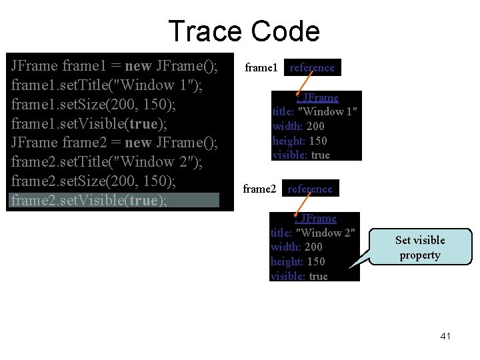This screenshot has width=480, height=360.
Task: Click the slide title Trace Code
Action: point(243,31)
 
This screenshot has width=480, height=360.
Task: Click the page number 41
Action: point(445,336)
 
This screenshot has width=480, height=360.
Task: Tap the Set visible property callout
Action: point(420,247)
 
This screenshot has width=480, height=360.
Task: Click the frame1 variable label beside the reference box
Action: point(261,67)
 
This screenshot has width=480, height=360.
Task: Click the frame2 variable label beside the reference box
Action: point(259,189)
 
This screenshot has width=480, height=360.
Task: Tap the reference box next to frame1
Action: point(312,67)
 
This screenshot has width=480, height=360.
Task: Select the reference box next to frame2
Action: point(310,189)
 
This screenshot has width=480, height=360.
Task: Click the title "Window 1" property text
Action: point(315,111)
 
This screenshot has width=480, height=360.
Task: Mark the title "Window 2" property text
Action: point(313,232)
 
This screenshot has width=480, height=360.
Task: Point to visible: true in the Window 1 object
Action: point(301,155)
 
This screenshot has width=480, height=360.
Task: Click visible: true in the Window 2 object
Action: point(299,276)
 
